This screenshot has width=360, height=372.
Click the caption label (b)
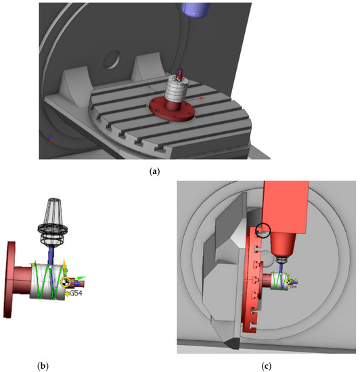click(43, 366)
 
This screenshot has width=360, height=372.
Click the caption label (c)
click(267, 366)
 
